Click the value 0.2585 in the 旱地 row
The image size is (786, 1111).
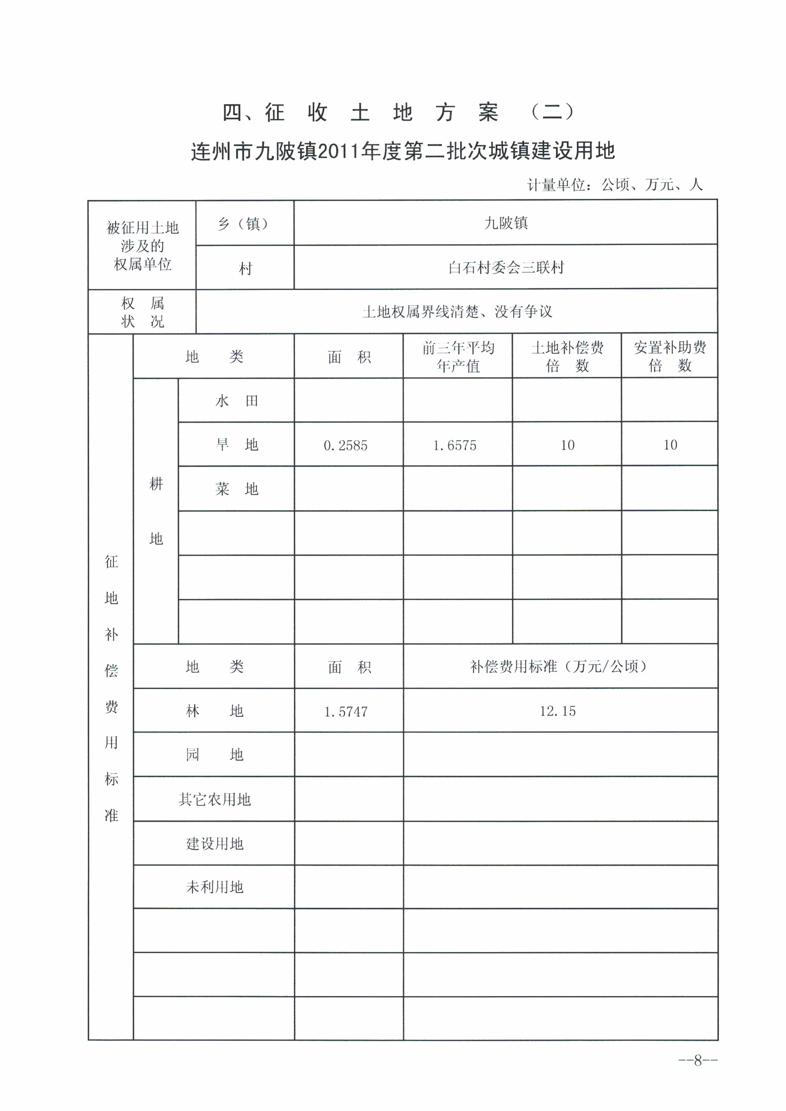345,445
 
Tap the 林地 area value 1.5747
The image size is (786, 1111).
346,711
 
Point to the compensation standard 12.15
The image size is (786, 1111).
557,711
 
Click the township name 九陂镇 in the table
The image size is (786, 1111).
506,223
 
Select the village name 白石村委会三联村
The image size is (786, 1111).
506,268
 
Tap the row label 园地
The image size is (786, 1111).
214,755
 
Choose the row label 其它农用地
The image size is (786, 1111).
214,799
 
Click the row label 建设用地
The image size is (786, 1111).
214,844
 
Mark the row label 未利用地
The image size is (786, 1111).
214,887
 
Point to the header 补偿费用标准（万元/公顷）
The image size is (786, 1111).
558,667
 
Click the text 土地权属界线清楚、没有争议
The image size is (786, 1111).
457,312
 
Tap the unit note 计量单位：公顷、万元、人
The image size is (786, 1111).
615,184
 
